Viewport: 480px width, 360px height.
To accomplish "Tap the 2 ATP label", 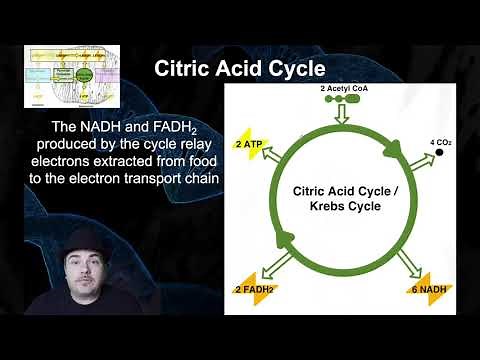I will (249, 144).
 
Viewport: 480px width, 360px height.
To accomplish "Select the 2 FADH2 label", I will (256, 290).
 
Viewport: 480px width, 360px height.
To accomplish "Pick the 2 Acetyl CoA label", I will (343, 88).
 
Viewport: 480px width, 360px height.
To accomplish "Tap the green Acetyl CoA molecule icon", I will (343, 101).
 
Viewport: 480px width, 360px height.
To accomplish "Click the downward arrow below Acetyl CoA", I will (343, 119).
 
